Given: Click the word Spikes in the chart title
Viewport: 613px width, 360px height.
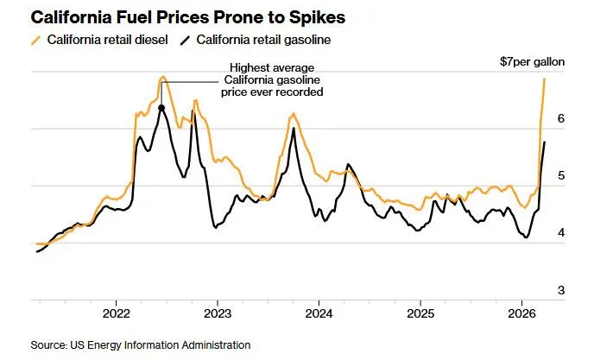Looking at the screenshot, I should pos(288,16).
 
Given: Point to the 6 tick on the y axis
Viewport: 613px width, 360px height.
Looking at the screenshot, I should pos(560,118).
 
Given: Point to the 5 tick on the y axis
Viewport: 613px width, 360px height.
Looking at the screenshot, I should pos(560,175).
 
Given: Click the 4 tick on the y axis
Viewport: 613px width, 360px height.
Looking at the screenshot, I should pos(560,232).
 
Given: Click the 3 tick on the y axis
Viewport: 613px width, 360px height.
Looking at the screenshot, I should pos(560,289).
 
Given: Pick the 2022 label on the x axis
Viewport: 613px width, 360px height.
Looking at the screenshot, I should pos(116,313).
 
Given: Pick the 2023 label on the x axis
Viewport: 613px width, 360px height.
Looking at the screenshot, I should pos(218,313).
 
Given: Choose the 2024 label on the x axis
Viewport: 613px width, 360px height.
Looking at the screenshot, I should pos(319,313).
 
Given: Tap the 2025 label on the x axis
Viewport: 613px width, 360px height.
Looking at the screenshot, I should pos(420,313).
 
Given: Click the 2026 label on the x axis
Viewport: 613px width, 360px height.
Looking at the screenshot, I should pos(521,313).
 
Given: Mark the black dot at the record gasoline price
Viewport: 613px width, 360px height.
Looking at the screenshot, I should pos(162,108).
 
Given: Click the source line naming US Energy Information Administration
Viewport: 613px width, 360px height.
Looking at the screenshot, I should pos(141,344).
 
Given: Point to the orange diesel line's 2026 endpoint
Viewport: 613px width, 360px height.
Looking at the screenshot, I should pos(545,79).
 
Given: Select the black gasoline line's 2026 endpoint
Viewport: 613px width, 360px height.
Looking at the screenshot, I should pos(544,142).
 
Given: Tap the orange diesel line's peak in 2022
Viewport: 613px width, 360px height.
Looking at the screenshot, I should pos(162,77).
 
